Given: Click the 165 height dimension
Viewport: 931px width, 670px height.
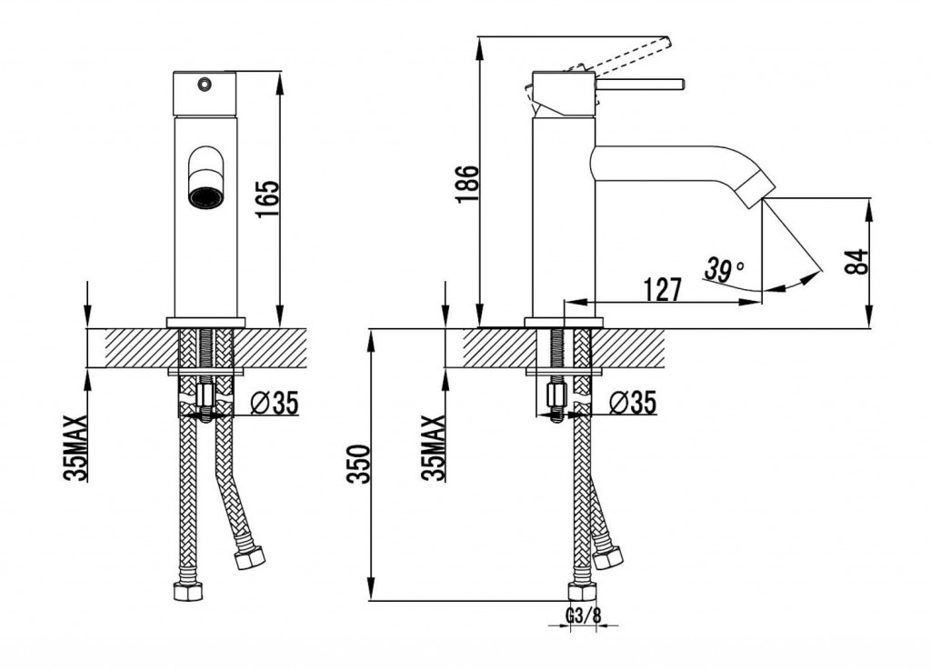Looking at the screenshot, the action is click(x=268, y=198).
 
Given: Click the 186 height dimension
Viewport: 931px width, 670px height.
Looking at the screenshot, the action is click(x=467, y=184).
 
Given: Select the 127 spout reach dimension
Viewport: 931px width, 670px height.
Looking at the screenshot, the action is click(x=663, y=290).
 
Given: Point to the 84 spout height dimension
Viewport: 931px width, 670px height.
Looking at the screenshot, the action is click(x=856, y=262).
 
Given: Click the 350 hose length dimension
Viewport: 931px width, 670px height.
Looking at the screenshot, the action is click(x=358, y=464).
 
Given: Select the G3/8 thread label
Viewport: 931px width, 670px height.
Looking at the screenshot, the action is click(x=583, y=616).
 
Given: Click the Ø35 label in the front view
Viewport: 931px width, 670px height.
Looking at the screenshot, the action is click(x=275, y=404).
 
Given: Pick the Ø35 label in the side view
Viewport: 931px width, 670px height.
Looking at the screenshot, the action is click(x=633, y=403).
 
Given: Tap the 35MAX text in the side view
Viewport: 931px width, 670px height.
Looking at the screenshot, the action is click(x=434, y=447).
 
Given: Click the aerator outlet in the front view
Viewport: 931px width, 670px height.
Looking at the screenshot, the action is click(x=205, y=197).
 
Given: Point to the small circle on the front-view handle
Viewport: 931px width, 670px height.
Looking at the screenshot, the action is click(x=205, y=85).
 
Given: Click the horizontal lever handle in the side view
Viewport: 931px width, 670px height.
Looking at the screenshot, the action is click(x=640, y=85).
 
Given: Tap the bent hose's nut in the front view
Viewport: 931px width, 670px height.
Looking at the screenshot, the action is click(x=249, y=558).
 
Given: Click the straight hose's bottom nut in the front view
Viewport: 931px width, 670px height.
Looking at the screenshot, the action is click(x=187, y=592).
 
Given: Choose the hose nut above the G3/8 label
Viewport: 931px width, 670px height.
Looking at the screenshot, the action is click(x=582, y=592).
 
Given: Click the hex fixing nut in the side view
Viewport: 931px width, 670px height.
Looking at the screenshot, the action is click(x=556, y=394).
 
